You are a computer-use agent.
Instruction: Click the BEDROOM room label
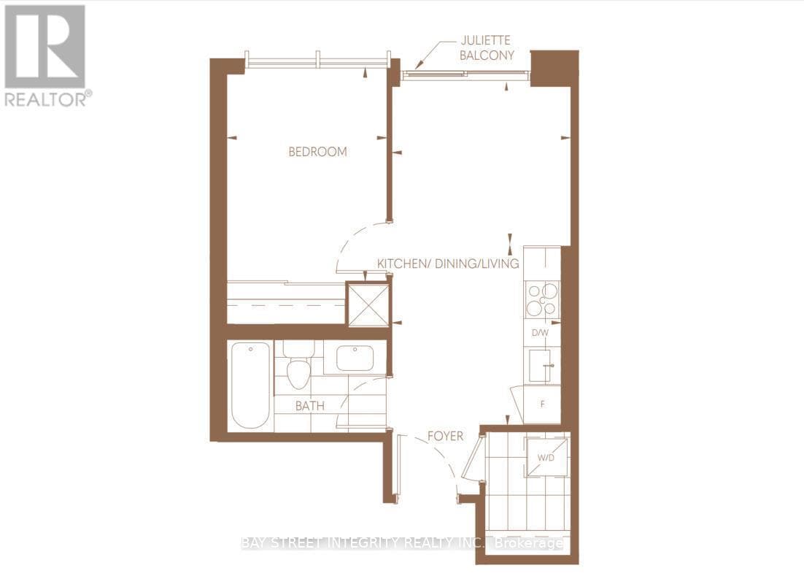coord(317,152)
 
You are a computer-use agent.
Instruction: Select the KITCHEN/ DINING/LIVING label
coord(447,264)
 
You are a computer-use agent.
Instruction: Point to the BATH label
coord(310,406)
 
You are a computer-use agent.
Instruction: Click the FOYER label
coord(445,437)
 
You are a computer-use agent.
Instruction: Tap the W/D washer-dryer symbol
coord(546,457)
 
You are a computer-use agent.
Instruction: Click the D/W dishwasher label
coord(540,333)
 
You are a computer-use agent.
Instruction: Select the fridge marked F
coord(542,404)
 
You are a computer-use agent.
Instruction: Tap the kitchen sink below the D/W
coord(541,365)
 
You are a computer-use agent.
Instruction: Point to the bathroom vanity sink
coord(354,358)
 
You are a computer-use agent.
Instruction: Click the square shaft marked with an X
coord(368,304)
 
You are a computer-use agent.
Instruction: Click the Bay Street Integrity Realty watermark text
coord(402,543)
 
